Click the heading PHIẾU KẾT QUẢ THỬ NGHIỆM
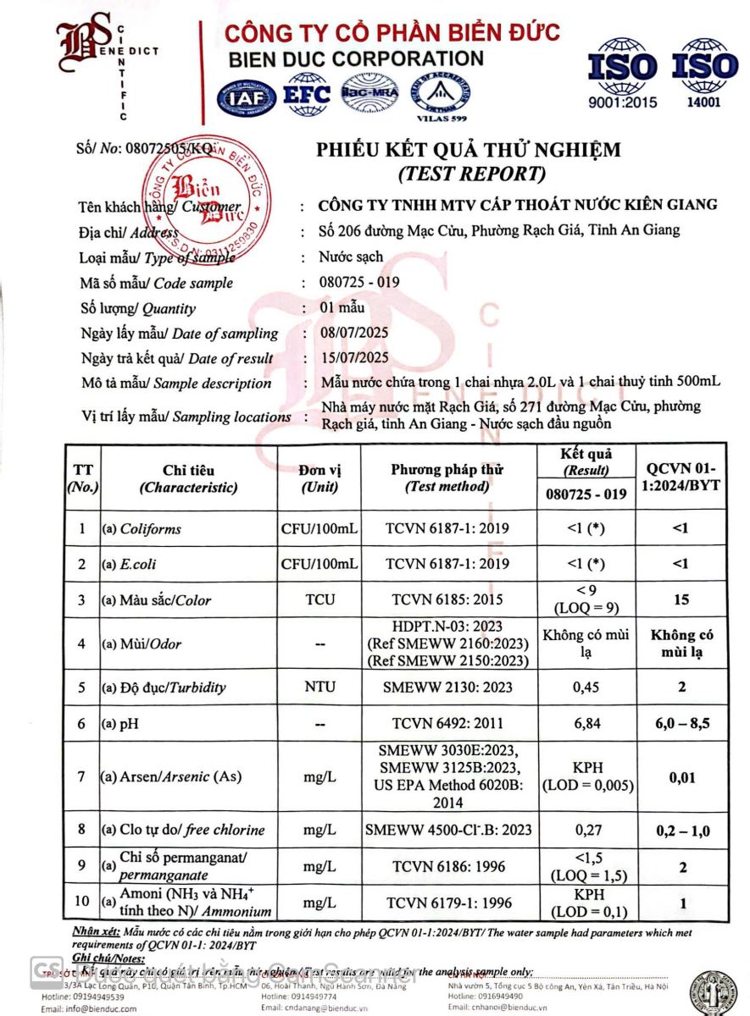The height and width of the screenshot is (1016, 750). click(469, 151)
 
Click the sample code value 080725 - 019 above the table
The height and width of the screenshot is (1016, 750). click(359, 282)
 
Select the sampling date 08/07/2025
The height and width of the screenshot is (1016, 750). click(354, 332)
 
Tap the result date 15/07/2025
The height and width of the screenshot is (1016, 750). click(354, 357)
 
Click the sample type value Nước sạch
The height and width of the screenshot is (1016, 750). click(351, 257)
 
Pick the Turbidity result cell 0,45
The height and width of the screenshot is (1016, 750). click(586, 687)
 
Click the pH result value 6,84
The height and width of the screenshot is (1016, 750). click(586, 724)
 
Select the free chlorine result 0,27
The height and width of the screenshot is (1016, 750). click(586, 830)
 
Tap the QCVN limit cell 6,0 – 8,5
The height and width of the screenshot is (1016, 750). click(683, 724)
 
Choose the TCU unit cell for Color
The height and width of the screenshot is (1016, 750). click(319, 600)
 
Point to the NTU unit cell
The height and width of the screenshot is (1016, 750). click(319, 687)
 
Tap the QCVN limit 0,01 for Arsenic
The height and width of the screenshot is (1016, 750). click(683, 777)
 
